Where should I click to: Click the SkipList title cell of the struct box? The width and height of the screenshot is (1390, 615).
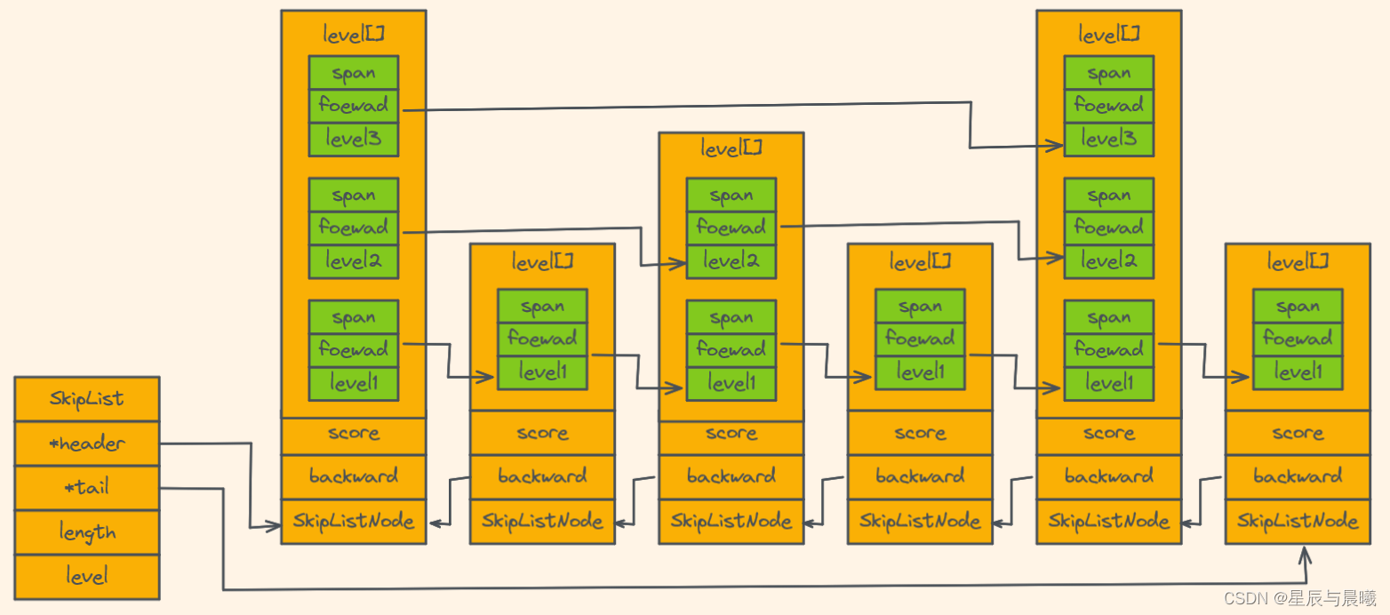click(x=87, y=398)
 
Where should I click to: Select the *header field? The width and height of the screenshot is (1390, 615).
click(x=87, y=443)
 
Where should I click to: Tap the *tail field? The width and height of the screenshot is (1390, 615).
click(x=87, y=488)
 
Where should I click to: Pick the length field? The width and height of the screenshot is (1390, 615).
click(x=87, y=531)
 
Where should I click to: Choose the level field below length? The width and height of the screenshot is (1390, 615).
click(x=87, y=577)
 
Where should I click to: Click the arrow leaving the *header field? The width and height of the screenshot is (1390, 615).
click(x=251, y=485)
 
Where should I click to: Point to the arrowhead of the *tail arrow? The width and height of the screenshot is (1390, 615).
click(x=1305, y=555)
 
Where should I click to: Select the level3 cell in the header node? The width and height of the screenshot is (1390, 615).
click(x=354, y=139)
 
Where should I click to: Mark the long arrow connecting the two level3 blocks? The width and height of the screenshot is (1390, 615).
click(x=732, y=106)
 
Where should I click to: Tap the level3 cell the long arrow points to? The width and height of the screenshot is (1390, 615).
click(x=1109, y=139)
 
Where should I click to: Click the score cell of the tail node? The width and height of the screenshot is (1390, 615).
click(x=1298, y=433)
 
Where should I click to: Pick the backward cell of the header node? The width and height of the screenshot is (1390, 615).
click(x=354, y=476)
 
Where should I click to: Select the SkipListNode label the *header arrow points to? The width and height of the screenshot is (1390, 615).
click(x=354, y=522)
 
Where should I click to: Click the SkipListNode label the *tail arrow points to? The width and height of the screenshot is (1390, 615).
click(x=1298, y=522)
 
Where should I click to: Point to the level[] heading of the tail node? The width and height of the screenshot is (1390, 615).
click(x=1298, y=262)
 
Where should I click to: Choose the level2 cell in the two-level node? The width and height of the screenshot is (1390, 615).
click(x=731, y=261)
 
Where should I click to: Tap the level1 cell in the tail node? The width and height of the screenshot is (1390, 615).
click(x=1298, y=372)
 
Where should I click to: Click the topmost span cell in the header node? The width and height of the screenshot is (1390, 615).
click(x=354, y=73)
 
